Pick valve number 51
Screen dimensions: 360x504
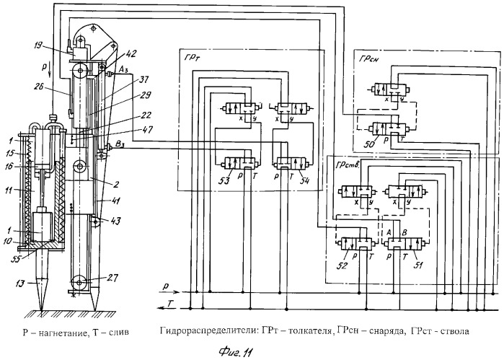pyautogui.click(x=407, y=244)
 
